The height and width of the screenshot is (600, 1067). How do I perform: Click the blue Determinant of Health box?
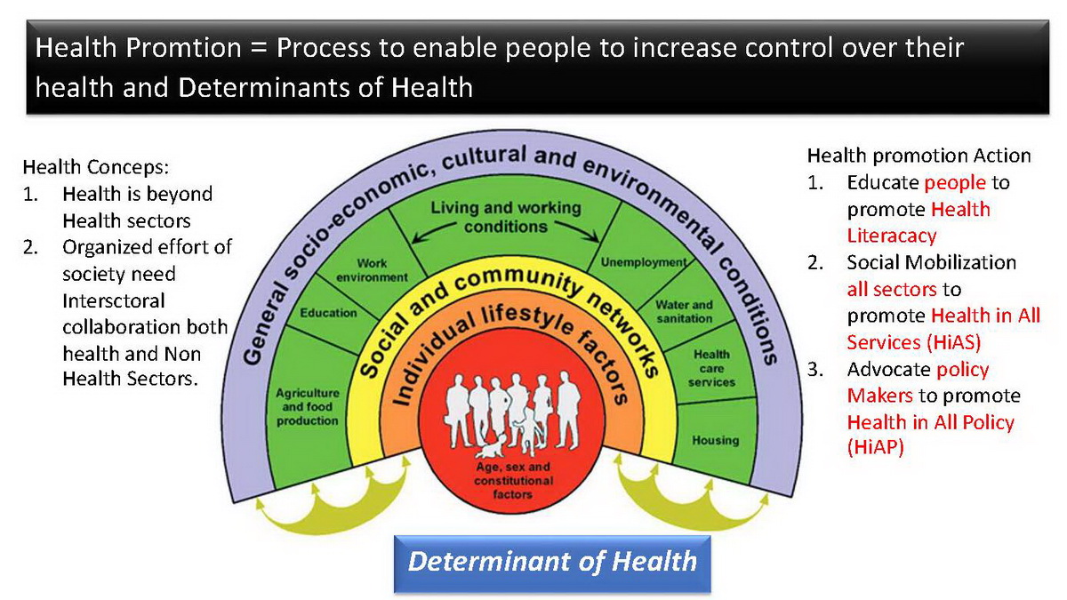click(552, 564)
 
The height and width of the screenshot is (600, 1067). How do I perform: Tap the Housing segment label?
click(716, 440)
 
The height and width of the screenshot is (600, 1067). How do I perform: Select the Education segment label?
click(328, 313)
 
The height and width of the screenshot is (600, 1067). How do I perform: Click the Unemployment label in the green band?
click(644, 262)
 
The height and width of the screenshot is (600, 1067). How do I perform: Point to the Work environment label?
click(372, 270)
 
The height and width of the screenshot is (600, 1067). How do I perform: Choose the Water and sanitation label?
click(684, 311)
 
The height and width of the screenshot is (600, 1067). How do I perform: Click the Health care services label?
click(711, 368)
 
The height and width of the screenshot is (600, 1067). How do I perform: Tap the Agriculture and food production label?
click(308, 407)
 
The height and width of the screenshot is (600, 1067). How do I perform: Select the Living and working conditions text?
click(506, 217)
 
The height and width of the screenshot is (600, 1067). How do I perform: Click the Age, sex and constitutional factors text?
click(514, 480)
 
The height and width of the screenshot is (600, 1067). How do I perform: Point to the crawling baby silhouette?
click(491, 445)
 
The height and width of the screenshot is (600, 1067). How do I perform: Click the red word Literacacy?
click(891, 236)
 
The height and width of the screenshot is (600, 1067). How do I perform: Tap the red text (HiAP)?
click(875, 448)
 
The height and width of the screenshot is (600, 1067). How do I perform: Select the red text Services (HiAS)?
click(914, 342)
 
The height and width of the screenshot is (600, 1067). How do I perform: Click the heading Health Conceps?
click(96, 167)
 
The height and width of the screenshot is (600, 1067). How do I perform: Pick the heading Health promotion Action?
click(919, 156)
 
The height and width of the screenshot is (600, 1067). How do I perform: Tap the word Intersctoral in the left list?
click(114, 301)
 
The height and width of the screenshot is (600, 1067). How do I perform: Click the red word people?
click(955, 183)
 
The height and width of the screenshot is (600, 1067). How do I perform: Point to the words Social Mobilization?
click(931, 262)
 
